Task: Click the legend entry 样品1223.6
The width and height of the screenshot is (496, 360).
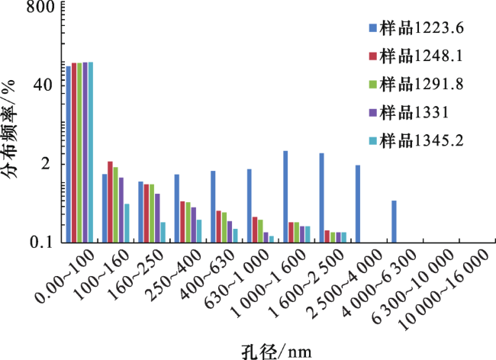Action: (420, 29)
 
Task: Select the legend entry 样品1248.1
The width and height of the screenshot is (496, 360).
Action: (420, 56)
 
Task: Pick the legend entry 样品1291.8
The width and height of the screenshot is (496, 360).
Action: (420, 83)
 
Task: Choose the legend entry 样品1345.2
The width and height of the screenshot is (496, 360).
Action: (420, 140)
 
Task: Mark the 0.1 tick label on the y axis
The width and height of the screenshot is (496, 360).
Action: (39, 242)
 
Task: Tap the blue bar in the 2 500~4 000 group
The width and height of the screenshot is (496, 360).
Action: (357, 204)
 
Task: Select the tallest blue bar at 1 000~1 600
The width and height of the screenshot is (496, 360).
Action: (285, 196)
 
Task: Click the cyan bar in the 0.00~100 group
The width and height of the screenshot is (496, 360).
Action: (91, 152)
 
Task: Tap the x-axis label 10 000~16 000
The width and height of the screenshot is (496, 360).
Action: (453, 290)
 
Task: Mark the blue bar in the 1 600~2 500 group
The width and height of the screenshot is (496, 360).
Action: (321, 198)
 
